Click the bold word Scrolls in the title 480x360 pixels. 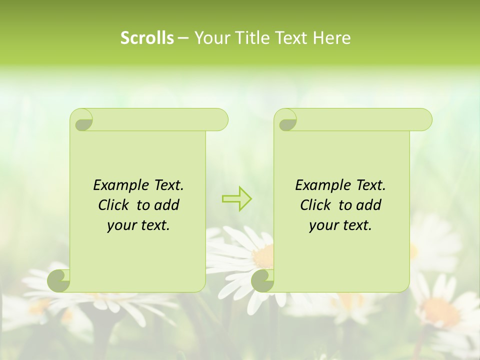147,38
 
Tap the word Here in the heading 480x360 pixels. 332,38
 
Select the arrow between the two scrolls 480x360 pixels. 236,198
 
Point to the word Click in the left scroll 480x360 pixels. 114,205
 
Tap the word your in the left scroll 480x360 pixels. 120,225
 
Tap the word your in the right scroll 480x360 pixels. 322,225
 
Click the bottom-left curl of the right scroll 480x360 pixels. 263,280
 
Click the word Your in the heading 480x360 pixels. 211,38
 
